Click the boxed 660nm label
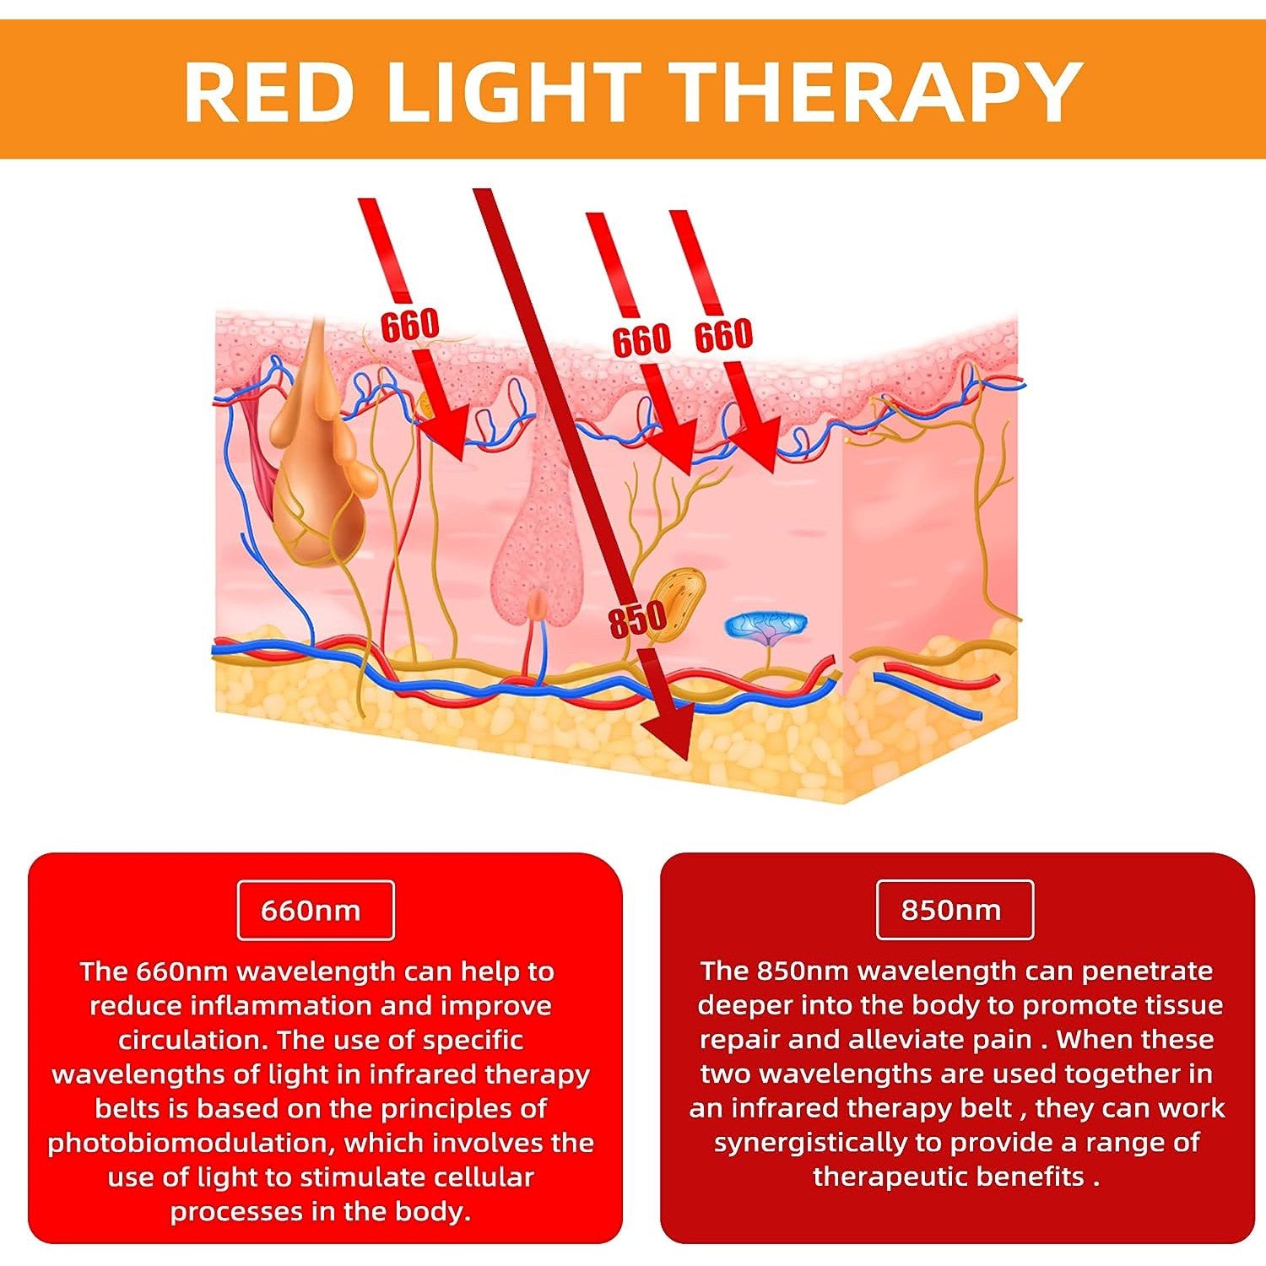tap(316, 910)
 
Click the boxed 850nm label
tap(955, 910)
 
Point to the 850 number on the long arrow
tap(638, 621)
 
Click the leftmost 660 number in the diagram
tap(410, 325)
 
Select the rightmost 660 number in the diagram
tap(723, 335)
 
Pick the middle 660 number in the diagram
tap(641, 340)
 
